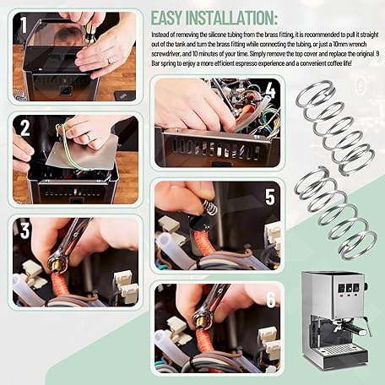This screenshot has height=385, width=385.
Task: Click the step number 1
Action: click(x=24, y=24)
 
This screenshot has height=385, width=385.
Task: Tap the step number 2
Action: click(x=24, y=127)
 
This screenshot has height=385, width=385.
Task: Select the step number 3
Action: click(x=24, y=230)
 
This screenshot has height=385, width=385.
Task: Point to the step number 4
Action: click(x=270, y=90)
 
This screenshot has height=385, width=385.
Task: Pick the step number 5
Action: click(x=270, y=197)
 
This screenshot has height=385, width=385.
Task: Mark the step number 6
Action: click(x=270, y=300)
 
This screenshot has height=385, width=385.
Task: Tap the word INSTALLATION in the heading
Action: click(x=230, y=18)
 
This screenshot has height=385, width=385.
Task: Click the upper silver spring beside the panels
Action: click(x=335, y=128)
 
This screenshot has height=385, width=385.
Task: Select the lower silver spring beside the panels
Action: click(x=335, y=214)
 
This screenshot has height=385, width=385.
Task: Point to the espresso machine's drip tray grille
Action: click(x=335, y=350)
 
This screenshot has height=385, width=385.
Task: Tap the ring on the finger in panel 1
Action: click(x=109, y=61)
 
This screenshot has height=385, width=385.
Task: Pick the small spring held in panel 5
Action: click(x=209, y=207)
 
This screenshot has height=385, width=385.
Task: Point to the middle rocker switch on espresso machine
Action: click(x=349, y=288)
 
